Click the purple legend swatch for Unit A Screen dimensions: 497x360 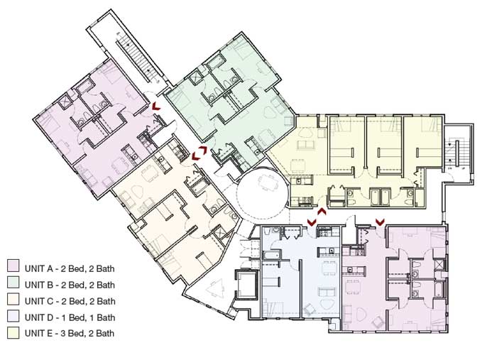click(x=13, y=266)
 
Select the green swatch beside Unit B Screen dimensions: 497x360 click(x=13, y=283)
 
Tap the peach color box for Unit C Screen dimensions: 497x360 click(x=13, y=299)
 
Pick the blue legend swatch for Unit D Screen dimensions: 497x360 click(x=13, y=315)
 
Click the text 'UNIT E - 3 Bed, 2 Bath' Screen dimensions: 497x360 click(x=70, y=334)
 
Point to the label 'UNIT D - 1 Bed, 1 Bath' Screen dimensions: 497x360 click(x=70, y=317)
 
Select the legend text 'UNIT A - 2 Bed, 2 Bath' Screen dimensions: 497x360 click(x=70, y=268)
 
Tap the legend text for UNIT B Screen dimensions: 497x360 click(x=70, y=285)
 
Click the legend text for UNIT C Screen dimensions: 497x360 click(x=70, y=301)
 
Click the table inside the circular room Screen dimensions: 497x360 click(x=265, y=182)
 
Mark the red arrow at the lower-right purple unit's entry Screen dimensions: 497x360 click(x=380, y=222)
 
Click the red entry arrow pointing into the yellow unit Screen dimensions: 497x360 click(x=322, y=212)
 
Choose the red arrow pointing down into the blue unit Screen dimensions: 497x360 click(x=312, y=222)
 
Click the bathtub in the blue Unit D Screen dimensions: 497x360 click(x=271, y=255)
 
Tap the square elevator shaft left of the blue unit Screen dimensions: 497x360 click(x=246, y=285)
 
